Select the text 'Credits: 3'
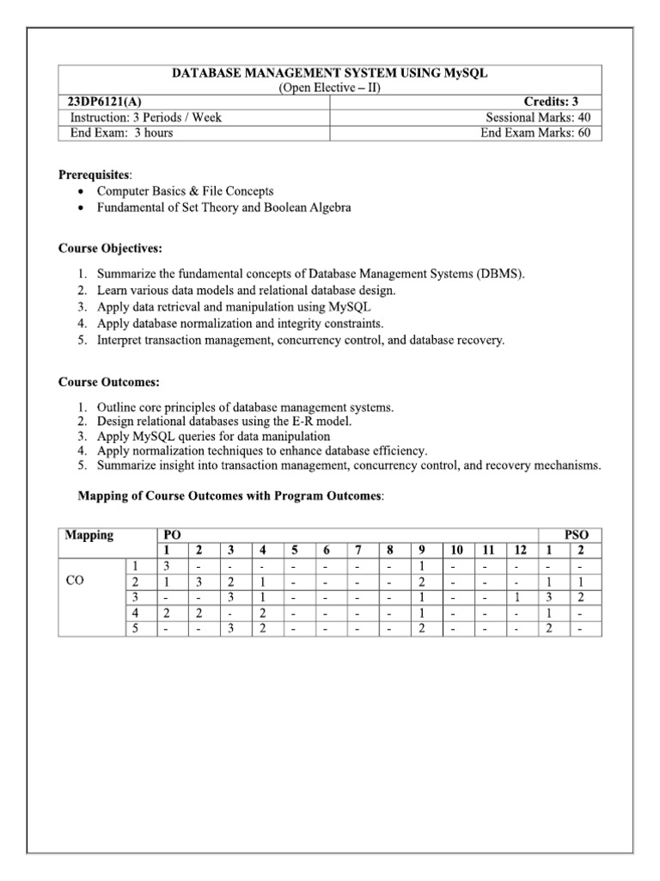tap(563, 102)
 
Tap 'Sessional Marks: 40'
tap(538, 118)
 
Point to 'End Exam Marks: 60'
tap(535, 132)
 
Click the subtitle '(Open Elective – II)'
tap(331, 88)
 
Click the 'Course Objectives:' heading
tap(110, 249)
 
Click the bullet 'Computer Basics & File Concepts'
tap(185, 191)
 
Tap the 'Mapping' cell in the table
tap(89, 535)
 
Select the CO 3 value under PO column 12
tap(516, 597)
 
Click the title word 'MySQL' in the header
tap(467, 73)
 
